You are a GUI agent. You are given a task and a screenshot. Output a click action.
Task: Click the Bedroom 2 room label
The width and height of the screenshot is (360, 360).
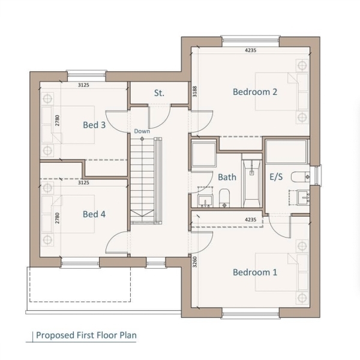coord(255,92)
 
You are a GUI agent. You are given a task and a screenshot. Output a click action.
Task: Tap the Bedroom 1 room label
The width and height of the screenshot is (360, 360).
coord(255,272)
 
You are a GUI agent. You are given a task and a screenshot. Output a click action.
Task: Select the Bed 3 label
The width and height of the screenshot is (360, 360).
coord(94,125)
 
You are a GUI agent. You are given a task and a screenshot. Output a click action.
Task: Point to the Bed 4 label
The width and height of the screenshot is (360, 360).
coord(94,214)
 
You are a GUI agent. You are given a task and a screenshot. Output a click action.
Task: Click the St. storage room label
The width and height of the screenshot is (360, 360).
coord(159,93)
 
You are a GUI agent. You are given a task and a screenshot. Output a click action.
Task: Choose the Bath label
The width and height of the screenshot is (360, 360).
coord(227,177)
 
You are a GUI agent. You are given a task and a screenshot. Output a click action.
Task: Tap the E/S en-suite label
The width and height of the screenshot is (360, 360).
coord(276,177)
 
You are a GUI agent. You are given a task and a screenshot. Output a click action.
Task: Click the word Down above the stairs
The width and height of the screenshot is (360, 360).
coord(142,131)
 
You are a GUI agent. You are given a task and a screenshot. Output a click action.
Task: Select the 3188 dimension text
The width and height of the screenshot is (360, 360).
coord(194,91)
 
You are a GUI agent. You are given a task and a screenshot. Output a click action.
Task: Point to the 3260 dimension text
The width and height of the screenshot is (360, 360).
coord(194,262)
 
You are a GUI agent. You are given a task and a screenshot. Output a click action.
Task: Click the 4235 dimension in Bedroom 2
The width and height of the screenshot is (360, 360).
coord(250,50)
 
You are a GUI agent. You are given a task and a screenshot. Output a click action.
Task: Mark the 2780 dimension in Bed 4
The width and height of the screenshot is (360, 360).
coord(58,218)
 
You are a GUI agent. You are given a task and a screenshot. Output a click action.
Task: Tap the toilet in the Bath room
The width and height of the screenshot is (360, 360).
coord(224,198)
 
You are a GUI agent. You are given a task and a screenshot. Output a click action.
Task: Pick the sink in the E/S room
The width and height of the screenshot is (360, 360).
coord(304,197)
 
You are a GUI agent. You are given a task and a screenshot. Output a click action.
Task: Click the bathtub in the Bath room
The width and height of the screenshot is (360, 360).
coord(252,181)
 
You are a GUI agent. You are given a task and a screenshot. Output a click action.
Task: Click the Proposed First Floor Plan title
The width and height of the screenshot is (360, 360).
coord(86,335)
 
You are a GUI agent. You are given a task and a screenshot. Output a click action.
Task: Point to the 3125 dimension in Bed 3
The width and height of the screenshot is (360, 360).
coord(83,85)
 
